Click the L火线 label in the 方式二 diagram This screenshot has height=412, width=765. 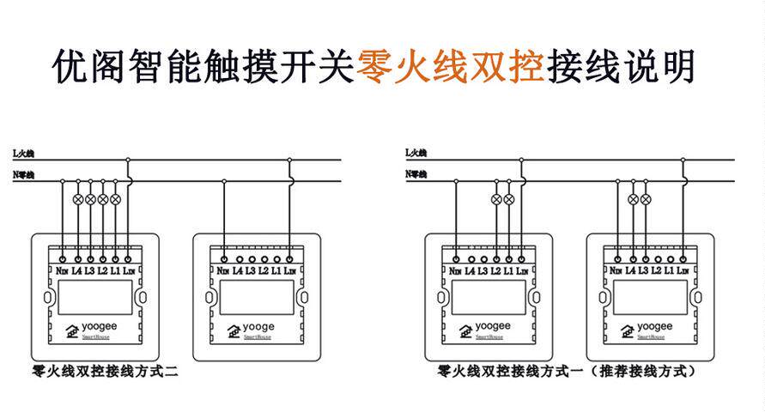pos(23,153)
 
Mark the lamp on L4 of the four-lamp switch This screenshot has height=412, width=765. pos(78,199)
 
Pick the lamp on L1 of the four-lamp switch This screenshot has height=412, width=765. pos(116,199)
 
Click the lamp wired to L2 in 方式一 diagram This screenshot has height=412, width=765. pos(496,199)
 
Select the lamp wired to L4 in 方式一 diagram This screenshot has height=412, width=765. pos(633,199)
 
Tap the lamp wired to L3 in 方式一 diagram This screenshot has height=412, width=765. pos(646,199)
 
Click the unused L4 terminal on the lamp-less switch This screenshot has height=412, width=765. pos(239,258)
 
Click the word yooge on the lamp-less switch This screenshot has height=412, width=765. pos(258,327)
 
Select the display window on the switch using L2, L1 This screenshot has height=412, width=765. pos(488,297)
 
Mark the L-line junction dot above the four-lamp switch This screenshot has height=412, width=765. pos(128,160)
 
